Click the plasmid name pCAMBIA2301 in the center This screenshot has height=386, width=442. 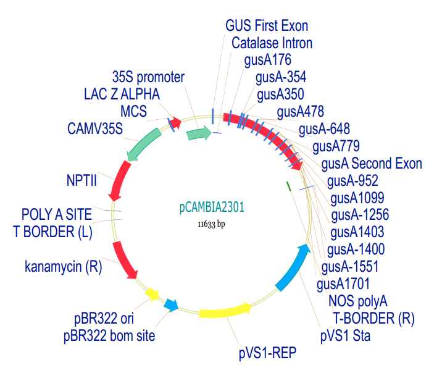coord(212,208)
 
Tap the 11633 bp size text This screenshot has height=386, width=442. coord(211,224)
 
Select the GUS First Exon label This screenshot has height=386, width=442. coord(267,26)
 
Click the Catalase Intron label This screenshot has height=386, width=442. coord(272,43)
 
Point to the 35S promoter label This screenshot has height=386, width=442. coord(149,77)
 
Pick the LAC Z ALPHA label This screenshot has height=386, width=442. coord(122,94)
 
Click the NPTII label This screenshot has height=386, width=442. coord(81,180)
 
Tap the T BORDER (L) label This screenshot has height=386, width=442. coord(52,232)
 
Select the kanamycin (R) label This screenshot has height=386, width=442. coord(64,267)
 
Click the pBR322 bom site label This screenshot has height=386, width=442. coord(109,336)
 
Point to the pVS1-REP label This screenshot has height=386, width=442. coord(267,353)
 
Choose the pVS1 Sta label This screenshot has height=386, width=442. coord(345,336)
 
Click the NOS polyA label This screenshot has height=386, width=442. coord(358,301)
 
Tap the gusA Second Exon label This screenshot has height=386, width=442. coord(372,164)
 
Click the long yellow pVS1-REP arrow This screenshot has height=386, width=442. coord(225,311)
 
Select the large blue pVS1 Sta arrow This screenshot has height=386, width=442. coord(293,268)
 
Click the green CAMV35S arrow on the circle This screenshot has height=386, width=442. coord(143,145)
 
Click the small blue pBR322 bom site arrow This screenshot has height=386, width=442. coord(172,305)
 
